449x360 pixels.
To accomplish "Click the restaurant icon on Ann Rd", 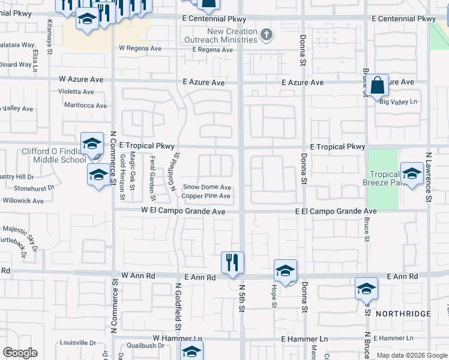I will [232, 262].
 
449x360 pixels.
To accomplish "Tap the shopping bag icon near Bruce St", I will [378, 85].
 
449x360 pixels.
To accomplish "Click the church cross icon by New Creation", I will [266, 36].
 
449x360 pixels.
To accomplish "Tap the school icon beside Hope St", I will [285, 271].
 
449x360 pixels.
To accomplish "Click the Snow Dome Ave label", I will [206, 187].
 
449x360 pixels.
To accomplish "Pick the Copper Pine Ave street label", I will [206, 196].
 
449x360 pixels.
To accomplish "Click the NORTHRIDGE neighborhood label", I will [403, 314].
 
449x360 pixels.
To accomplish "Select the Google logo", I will [20, 353].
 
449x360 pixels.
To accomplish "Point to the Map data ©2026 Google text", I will [411, 355].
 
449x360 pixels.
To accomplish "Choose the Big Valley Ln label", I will [399, 102].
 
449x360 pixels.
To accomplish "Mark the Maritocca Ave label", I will [85, 106].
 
